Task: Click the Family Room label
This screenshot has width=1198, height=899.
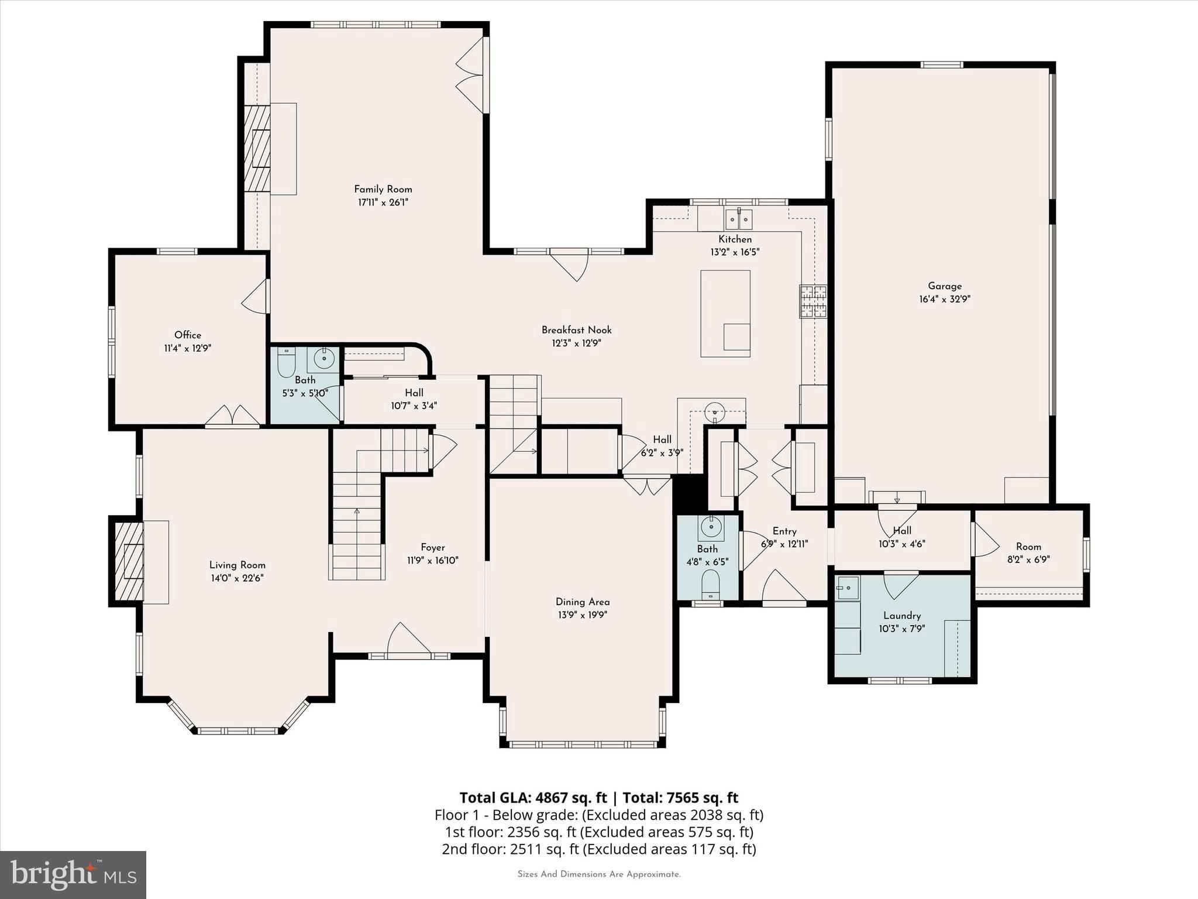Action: [383, 189]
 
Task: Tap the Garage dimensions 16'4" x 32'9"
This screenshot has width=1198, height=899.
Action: [945, 299]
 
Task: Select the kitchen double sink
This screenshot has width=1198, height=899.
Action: [738, 219]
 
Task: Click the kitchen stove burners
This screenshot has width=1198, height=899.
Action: [814, 301]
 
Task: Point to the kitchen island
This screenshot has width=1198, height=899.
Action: [725, 313]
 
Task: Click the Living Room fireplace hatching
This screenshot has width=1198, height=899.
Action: [128, 561]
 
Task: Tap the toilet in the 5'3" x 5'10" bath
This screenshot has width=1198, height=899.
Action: [286, 363]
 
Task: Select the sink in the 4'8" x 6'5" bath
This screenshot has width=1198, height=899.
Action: [711, 527]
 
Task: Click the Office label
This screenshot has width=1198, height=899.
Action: [188, 335]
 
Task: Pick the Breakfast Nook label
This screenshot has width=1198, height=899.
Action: [576, 330]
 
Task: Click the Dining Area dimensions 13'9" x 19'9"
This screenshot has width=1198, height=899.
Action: [582, 615]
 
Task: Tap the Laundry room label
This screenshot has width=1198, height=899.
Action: [902, 616]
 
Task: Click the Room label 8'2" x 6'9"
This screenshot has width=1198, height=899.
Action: [1028, 547]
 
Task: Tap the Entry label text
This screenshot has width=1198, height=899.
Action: [784, 531]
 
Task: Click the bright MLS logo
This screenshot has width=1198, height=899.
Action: [73, 874]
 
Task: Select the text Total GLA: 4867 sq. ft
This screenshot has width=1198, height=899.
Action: [533, 798]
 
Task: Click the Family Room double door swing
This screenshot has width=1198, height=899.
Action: [471, 75]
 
